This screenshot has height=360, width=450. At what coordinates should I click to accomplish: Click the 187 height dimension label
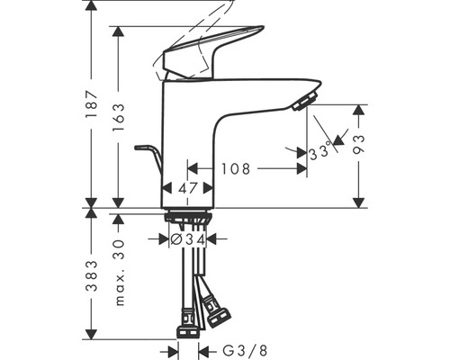pyautogui.click(x=92, y=103)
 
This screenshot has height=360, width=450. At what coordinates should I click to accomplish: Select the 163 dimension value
pyautogui.click(x=118, y=117)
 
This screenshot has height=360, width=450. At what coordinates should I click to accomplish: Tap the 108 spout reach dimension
pyautogui.click(x=236, y=169)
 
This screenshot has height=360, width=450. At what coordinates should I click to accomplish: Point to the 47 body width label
pyautogui.click(x=187, y=188)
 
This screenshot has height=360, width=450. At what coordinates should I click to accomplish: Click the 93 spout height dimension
pyautogui.click(x=359, y=144)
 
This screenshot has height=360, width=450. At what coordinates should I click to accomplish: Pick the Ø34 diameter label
pyautogui.click(x=188, y=239)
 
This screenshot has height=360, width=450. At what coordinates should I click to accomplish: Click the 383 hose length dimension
pyautogui.click(x=92, y=276)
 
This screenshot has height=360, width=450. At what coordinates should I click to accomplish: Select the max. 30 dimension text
pyautogui.click(x=120, y=273)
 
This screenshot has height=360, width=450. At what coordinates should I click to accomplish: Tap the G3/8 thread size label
pyautogui.click(x=245, y=350)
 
